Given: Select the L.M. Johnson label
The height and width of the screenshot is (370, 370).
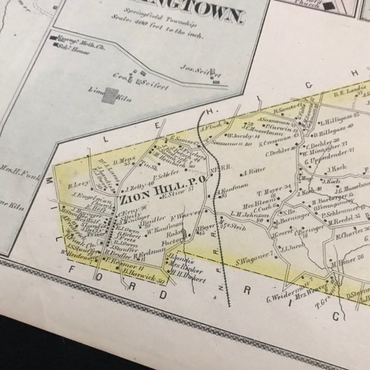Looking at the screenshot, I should (x=245, y=214).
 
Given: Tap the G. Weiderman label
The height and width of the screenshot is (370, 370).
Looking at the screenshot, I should (x=282, y=298).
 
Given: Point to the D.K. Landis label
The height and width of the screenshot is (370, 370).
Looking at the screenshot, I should (x=346, y=93).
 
